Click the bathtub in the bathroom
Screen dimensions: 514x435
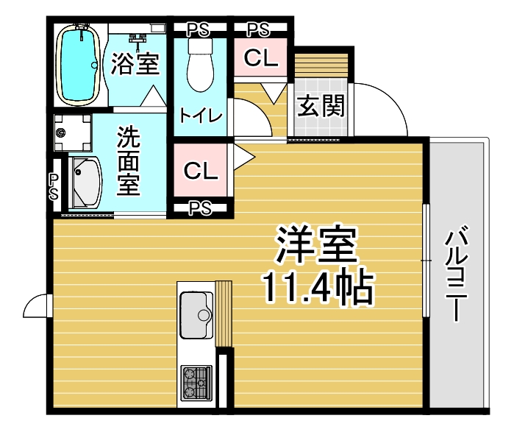(79, 65)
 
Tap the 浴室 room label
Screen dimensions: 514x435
(135, 63)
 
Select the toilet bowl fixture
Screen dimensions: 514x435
(200, 66)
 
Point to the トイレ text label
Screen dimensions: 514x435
(201, 115)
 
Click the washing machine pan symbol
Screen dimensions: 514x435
(73, 132)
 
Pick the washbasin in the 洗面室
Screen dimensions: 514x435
(85, 183)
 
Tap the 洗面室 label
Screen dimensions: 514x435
(129, 160)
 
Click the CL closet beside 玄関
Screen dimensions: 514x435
(261, 57)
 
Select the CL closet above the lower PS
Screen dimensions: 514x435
(201, 170)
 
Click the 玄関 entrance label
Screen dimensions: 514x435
(321, 106)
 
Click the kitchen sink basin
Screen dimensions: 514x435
(196, 315)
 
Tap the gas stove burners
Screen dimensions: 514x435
(196, 383)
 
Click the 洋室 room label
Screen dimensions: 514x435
(317, 244)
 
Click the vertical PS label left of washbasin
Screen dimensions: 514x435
(54, 187)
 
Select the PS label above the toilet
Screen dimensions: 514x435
(198, 30)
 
